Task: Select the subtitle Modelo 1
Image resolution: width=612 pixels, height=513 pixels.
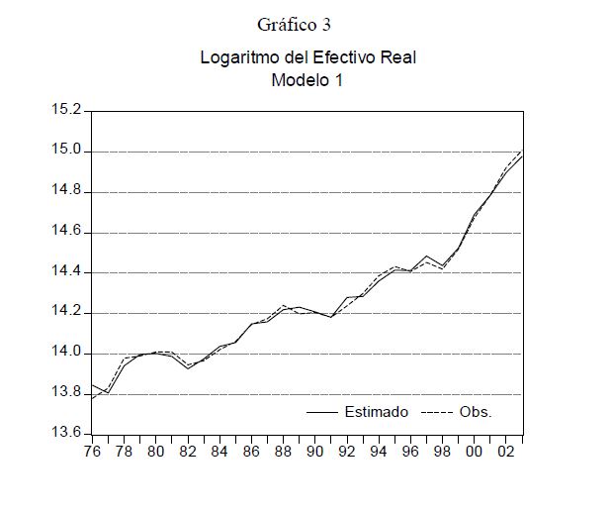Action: tap(306, 81)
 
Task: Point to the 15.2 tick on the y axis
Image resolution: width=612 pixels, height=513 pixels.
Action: tap(68, 111)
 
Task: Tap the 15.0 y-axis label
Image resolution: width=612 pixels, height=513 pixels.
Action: tap(68, 152)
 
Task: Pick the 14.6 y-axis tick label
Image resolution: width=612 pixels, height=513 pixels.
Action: tap(68, 233)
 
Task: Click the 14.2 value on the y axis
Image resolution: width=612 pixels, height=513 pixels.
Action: tap(68, 313)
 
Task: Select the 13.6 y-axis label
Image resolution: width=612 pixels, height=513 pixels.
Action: tap(68, 434)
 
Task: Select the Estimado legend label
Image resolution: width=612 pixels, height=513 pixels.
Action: tap(376, 412)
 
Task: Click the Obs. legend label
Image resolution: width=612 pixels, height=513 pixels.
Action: tap(476, 412)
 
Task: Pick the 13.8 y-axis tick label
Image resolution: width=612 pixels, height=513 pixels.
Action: tap(68, 393)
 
